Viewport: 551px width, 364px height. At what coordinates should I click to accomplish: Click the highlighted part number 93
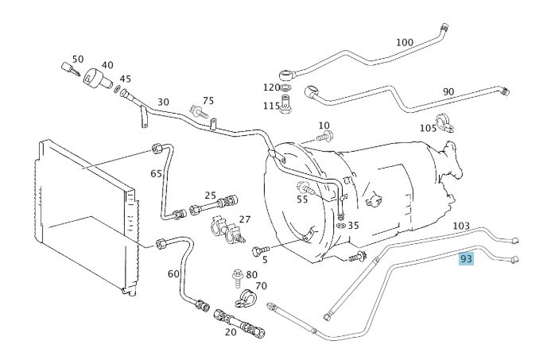click(x=467, y=258)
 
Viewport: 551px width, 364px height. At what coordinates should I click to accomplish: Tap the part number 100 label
click(x=405, y=42)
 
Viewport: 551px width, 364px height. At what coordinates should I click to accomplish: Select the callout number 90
click(x=448, y=92)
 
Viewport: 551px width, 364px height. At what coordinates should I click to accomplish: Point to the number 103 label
click(x=462, y=227)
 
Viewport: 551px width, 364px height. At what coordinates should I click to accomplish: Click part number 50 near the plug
click(x=77, y=59)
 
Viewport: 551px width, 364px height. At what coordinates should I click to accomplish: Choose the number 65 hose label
click(x=156, y=172)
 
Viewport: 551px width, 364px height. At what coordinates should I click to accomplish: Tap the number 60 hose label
click(x=173, y=274)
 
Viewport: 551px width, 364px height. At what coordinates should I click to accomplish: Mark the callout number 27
click(x=245, y=219)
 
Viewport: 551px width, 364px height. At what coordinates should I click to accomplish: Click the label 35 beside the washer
click(x=353, y=225)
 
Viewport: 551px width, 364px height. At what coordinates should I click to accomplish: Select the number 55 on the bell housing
click(x=302, y=199)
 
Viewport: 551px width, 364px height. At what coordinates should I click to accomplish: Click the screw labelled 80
click(x=237, y=277)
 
